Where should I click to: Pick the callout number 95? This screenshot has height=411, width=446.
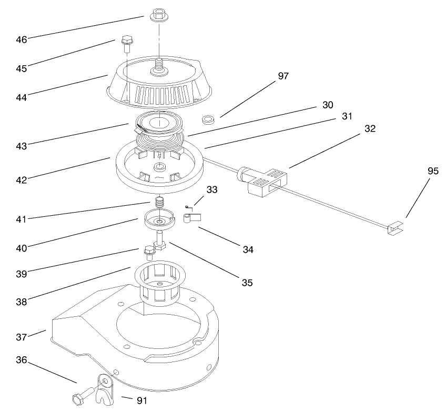coord(433,171)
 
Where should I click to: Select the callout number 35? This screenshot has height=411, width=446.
coord(247,283)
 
